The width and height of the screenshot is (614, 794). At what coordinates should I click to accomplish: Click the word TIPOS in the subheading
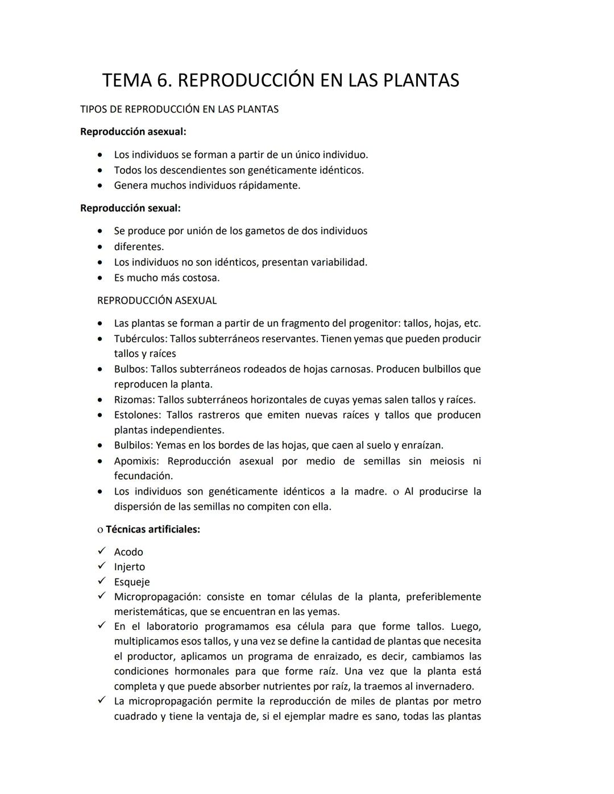(x=94, y=109)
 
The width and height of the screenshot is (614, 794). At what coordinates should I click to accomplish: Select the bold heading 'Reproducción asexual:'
(x=133, y=132)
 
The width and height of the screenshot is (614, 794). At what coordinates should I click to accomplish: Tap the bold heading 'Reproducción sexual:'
(x=130, y=208)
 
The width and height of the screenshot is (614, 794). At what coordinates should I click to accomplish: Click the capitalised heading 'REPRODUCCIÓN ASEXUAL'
(x=157, y=301)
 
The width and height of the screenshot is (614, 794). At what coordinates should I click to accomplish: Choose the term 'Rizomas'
(x=134, y=400)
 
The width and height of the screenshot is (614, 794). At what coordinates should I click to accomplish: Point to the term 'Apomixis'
(x=136, y=461)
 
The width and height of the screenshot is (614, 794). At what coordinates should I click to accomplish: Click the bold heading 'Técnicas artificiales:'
(x=152, y=529)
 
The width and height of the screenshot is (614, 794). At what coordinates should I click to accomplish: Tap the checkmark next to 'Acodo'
(x=102, y=551)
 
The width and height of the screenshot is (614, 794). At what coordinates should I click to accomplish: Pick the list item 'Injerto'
(x=129, y=567)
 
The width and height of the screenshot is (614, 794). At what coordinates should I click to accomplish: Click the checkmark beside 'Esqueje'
(x=102, y=581)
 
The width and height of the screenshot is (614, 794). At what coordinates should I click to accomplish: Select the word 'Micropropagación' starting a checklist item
(x=157, y=597)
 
